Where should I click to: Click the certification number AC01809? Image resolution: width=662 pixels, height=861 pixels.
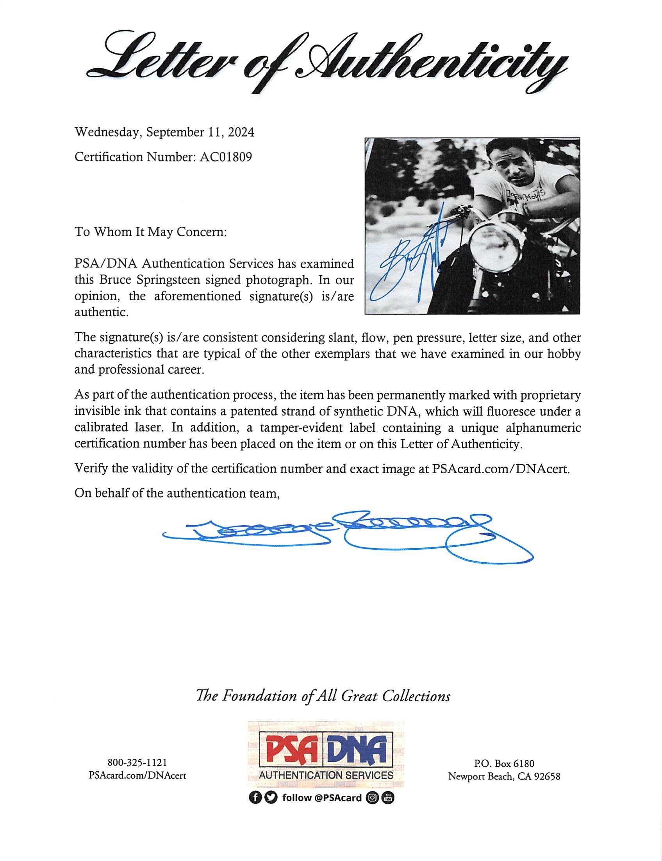[225, 157]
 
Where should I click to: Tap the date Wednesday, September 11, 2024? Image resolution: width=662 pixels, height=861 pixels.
[164, 132]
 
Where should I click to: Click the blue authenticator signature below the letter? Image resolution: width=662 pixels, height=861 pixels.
[347, 536]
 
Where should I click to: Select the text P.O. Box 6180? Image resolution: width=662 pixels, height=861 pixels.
[504, 763]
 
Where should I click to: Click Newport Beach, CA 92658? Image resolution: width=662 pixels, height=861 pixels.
[504, 776]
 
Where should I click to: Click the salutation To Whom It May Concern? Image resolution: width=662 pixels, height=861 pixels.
[150, 232]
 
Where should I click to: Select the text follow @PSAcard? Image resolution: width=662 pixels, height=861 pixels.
[322, 798]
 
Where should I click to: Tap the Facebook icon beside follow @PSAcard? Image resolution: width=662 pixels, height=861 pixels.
[255, 798]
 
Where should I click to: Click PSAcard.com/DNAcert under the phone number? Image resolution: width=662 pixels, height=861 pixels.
[137, 775]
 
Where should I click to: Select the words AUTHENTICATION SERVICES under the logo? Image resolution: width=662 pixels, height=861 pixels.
[326, 775]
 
